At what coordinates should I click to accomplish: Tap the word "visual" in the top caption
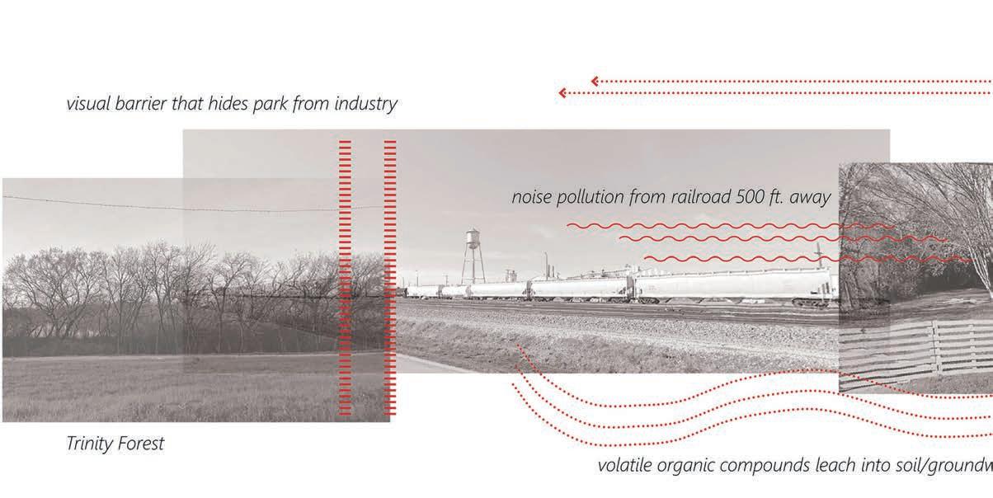pos(90,105)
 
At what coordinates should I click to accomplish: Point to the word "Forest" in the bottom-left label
pos(144,444)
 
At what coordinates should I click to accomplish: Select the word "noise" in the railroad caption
pos(532,198)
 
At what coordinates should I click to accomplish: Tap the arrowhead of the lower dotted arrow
pos(562,92)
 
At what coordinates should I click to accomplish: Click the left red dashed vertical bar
pos(345,277)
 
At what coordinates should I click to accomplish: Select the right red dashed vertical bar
pos(390,277)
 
